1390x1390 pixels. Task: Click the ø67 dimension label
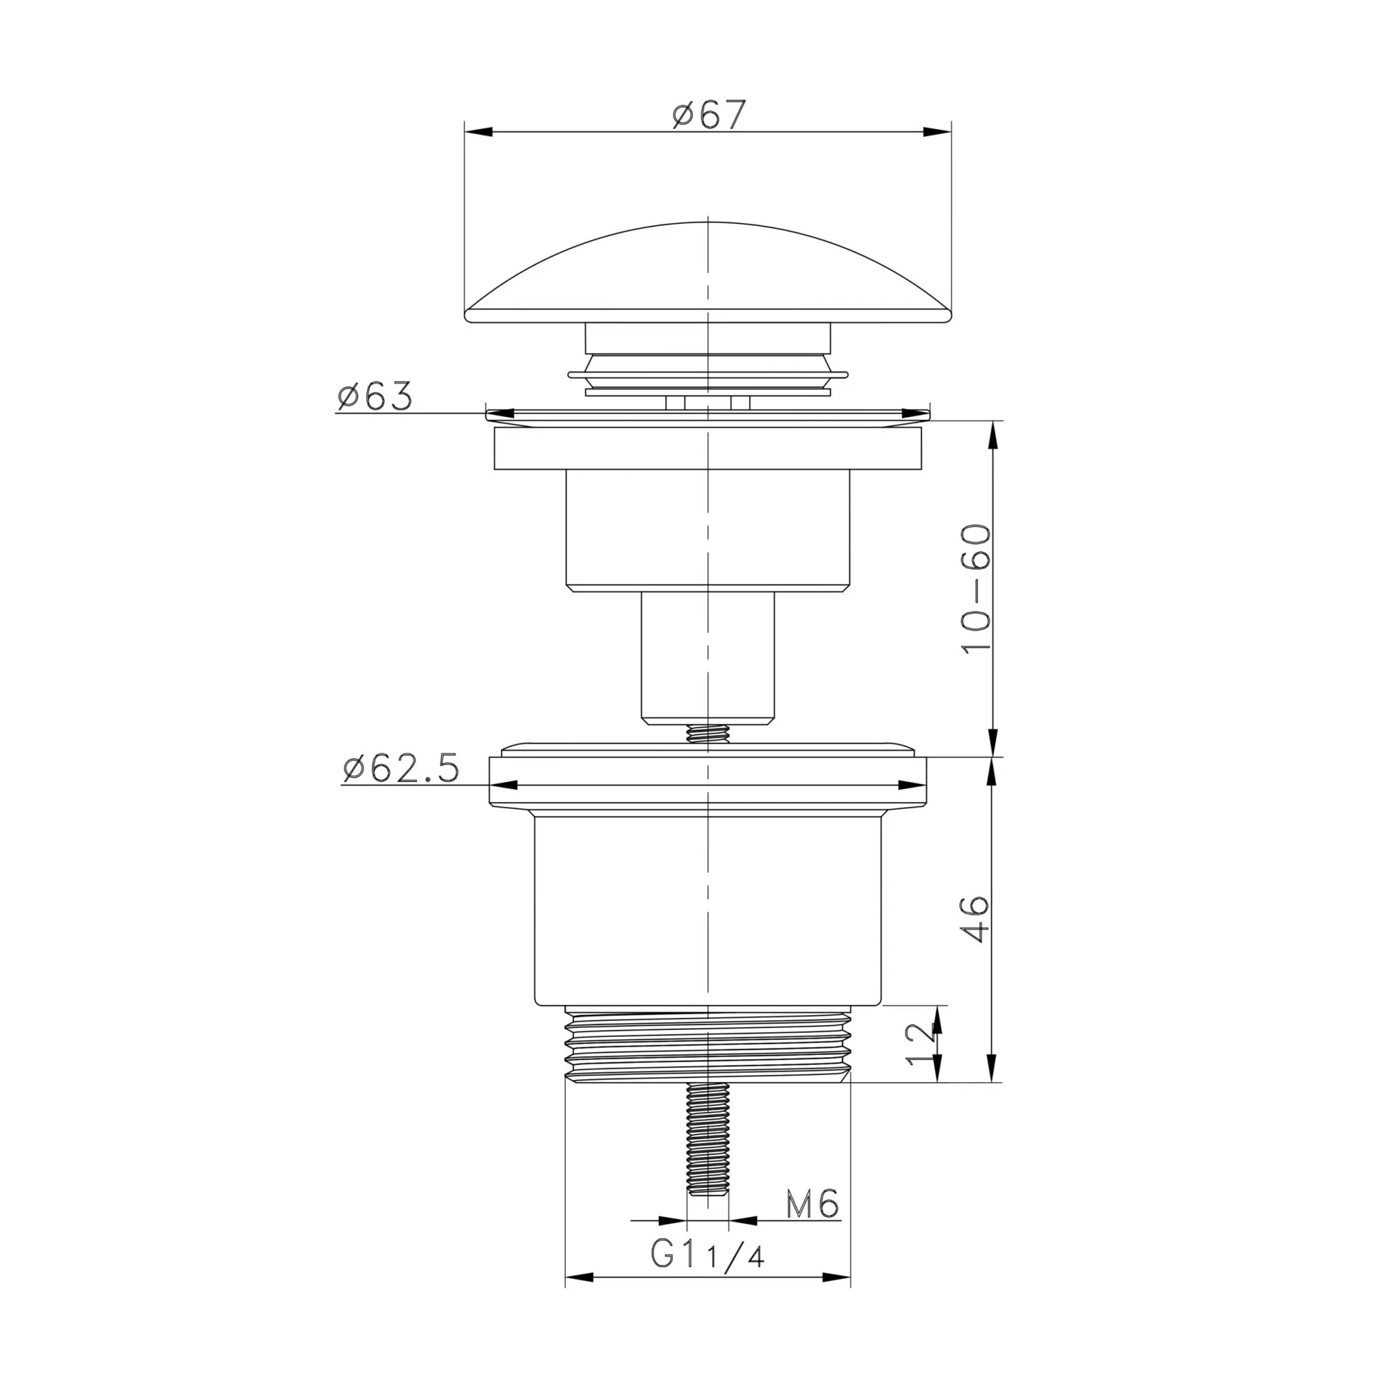coord(710,115)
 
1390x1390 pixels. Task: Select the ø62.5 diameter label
coord(401,768)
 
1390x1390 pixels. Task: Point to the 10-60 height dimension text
coord(976,589)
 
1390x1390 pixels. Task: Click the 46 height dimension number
coord(976,918)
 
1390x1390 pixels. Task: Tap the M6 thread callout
coord(812,1204)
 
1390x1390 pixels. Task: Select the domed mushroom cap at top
coord(709,272)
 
